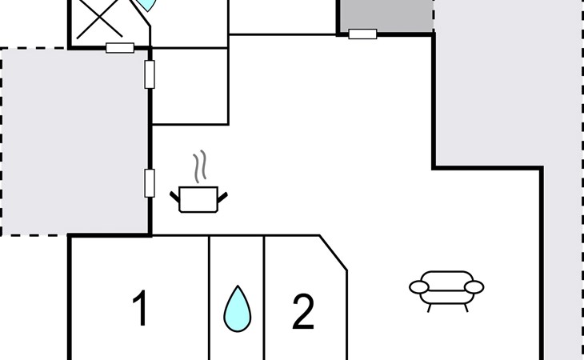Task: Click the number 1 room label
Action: pyautogui.click(x=141, y=310)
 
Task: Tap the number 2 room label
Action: pyautogui.click(x=303, y=313)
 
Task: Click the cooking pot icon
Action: pyautogui.click(x=198, y=198)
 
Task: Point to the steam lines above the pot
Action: pyautogui.click(x=202, y=166)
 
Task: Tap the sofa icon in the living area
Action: pyautogui.click(x=446, y=290)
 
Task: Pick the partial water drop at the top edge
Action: pyautogui.click(x=144, y=5)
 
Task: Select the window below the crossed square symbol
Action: pyautogui.click(x=119, y=48)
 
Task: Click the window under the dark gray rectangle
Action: pyautogui.click(x=362, y=34)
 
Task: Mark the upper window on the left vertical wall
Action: pyautogui.click(x=149, y=74)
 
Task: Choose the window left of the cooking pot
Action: pyautogui.click(x=149, y=182)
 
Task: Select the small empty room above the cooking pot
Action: pyautogui.click(x=190, y=86)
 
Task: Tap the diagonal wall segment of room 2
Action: pyautogui.click(x=334, y=252)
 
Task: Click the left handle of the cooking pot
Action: pyautogui.click(x=176, y=194)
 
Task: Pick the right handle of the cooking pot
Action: pyautogui.click(x=223, y=194)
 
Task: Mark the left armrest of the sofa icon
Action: pyautogui.click(x=419, y=286)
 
